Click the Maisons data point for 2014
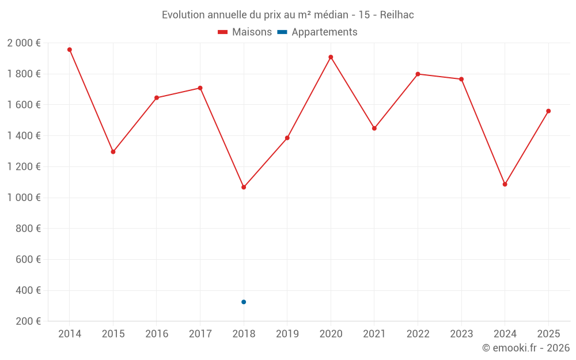[x=70, y=50]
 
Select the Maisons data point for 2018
[x=244, y=187]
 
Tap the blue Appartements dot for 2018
[x=244, y=302]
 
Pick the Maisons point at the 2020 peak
[x=331, y=57]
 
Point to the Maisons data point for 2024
[x=505, y=184]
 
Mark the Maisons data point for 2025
[x=548, y=111]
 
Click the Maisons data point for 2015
[x=113, y=152]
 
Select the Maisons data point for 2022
[x=418, y=74]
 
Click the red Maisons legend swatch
[x=223, y=32]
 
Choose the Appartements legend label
[x=324, y=32]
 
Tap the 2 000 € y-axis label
[x=24, y=43]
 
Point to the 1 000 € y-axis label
[x=24, y=198]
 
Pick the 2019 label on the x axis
[x=287, y=334]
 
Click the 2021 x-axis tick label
[x=374, y=334]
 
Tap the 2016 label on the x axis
[x=157, y=334]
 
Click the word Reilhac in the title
[x=397, y=15]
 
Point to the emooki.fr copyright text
[x=525, y=348]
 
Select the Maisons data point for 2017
[x=200, y=88]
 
